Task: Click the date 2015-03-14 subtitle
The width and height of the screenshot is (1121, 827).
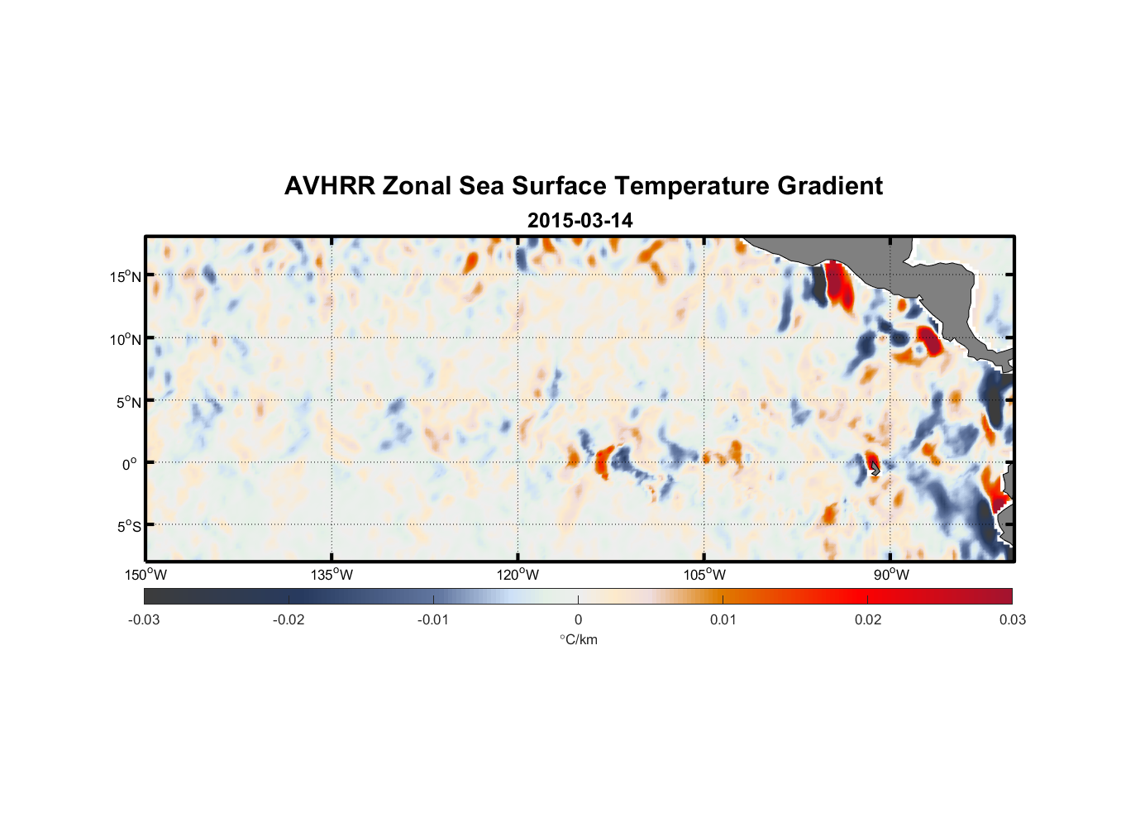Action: [580, 221]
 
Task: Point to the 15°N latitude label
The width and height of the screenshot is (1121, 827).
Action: [126, 276]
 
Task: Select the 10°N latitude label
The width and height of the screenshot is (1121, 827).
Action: [126, 339]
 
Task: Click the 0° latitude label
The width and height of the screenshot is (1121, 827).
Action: [130, 464]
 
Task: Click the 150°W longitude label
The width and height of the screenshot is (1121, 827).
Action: [145, 575]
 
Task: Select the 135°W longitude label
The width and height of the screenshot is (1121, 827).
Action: [332, 575]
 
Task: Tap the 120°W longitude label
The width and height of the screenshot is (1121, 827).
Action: [518, 575]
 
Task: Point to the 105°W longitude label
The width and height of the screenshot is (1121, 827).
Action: [704, 575]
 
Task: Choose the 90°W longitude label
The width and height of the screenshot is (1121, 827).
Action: [891, 575]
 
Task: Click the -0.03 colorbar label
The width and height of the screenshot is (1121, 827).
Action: [144, 620]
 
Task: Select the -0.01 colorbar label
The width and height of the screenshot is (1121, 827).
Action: [433, 620]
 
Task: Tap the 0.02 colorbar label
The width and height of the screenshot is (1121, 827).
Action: [868, 620]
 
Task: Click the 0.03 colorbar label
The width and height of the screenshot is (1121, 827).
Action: [1012, 620]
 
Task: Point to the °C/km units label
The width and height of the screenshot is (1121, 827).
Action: [579, 639]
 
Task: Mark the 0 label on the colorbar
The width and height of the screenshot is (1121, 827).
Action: [578, 620]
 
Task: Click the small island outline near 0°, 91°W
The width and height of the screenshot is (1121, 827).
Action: [875, 469]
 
